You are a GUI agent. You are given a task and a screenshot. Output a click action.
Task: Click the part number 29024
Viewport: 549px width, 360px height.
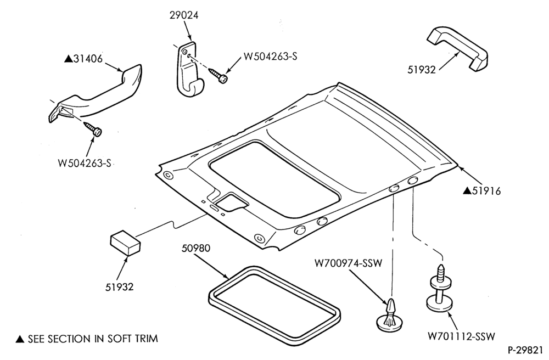coord(184,15)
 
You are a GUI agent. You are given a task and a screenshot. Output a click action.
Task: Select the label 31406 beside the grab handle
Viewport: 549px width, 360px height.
coord(88,59)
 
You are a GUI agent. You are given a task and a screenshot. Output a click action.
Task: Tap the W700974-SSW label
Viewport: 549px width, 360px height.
coord(348,263)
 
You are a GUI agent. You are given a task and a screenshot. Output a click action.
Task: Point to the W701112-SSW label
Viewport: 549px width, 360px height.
coord(461,336)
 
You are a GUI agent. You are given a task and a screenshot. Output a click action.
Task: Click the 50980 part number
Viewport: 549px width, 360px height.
coord(196,248)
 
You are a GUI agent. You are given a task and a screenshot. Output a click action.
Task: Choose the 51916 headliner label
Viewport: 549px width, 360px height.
coord(486,191)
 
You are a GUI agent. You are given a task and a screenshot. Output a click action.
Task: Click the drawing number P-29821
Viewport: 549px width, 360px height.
coord(525,350)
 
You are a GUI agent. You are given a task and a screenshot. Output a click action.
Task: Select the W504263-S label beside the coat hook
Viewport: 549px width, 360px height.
coord(270,57)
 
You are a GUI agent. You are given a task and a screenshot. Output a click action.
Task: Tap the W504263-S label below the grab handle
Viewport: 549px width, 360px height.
coord(85,163)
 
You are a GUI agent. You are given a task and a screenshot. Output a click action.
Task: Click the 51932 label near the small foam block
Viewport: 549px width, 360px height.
coord(119,287)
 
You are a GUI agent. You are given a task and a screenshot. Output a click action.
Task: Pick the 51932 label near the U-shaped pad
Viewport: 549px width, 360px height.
coord(422,70)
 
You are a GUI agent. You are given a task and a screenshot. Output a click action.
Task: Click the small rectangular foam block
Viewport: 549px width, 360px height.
coord(125,243)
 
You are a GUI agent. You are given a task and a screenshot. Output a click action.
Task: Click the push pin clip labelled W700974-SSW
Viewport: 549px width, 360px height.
coord(389,316)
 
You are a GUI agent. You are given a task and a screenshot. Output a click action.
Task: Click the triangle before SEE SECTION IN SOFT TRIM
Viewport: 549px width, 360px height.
coord(20,339)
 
